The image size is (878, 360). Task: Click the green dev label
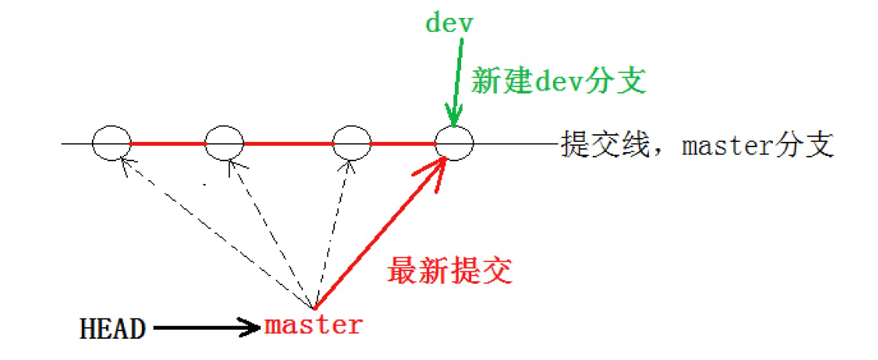[x=449, y=23]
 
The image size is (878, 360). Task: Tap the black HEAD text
[x=112, y=329]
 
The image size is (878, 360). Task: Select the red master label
[x=313, y=324]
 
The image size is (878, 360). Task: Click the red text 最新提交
[x=450, y=270]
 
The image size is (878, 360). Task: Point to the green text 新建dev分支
[x=558, y=80]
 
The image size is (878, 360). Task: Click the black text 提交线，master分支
[x=696, y=145]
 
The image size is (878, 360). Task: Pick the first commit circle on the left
[x=111, y=143]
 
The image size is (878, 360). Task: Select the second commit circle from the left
[x=224, y=143]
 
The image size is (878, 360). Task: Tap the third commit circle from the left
[x=351, y=143]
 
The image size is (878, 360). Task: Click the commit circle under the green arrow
[x=454, y=143]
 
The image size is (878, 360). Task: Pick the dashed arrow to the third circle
[x=330, y=234]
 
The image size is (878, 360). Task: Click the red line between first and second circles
[x=167, y=143]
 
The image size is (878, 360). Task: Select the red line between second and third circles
[x=288, y=143]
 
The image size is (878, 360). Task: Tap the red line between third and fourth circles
[x=403, y=143]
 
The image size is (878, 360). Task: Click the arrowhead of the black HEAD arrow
[x=252, y=328]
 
